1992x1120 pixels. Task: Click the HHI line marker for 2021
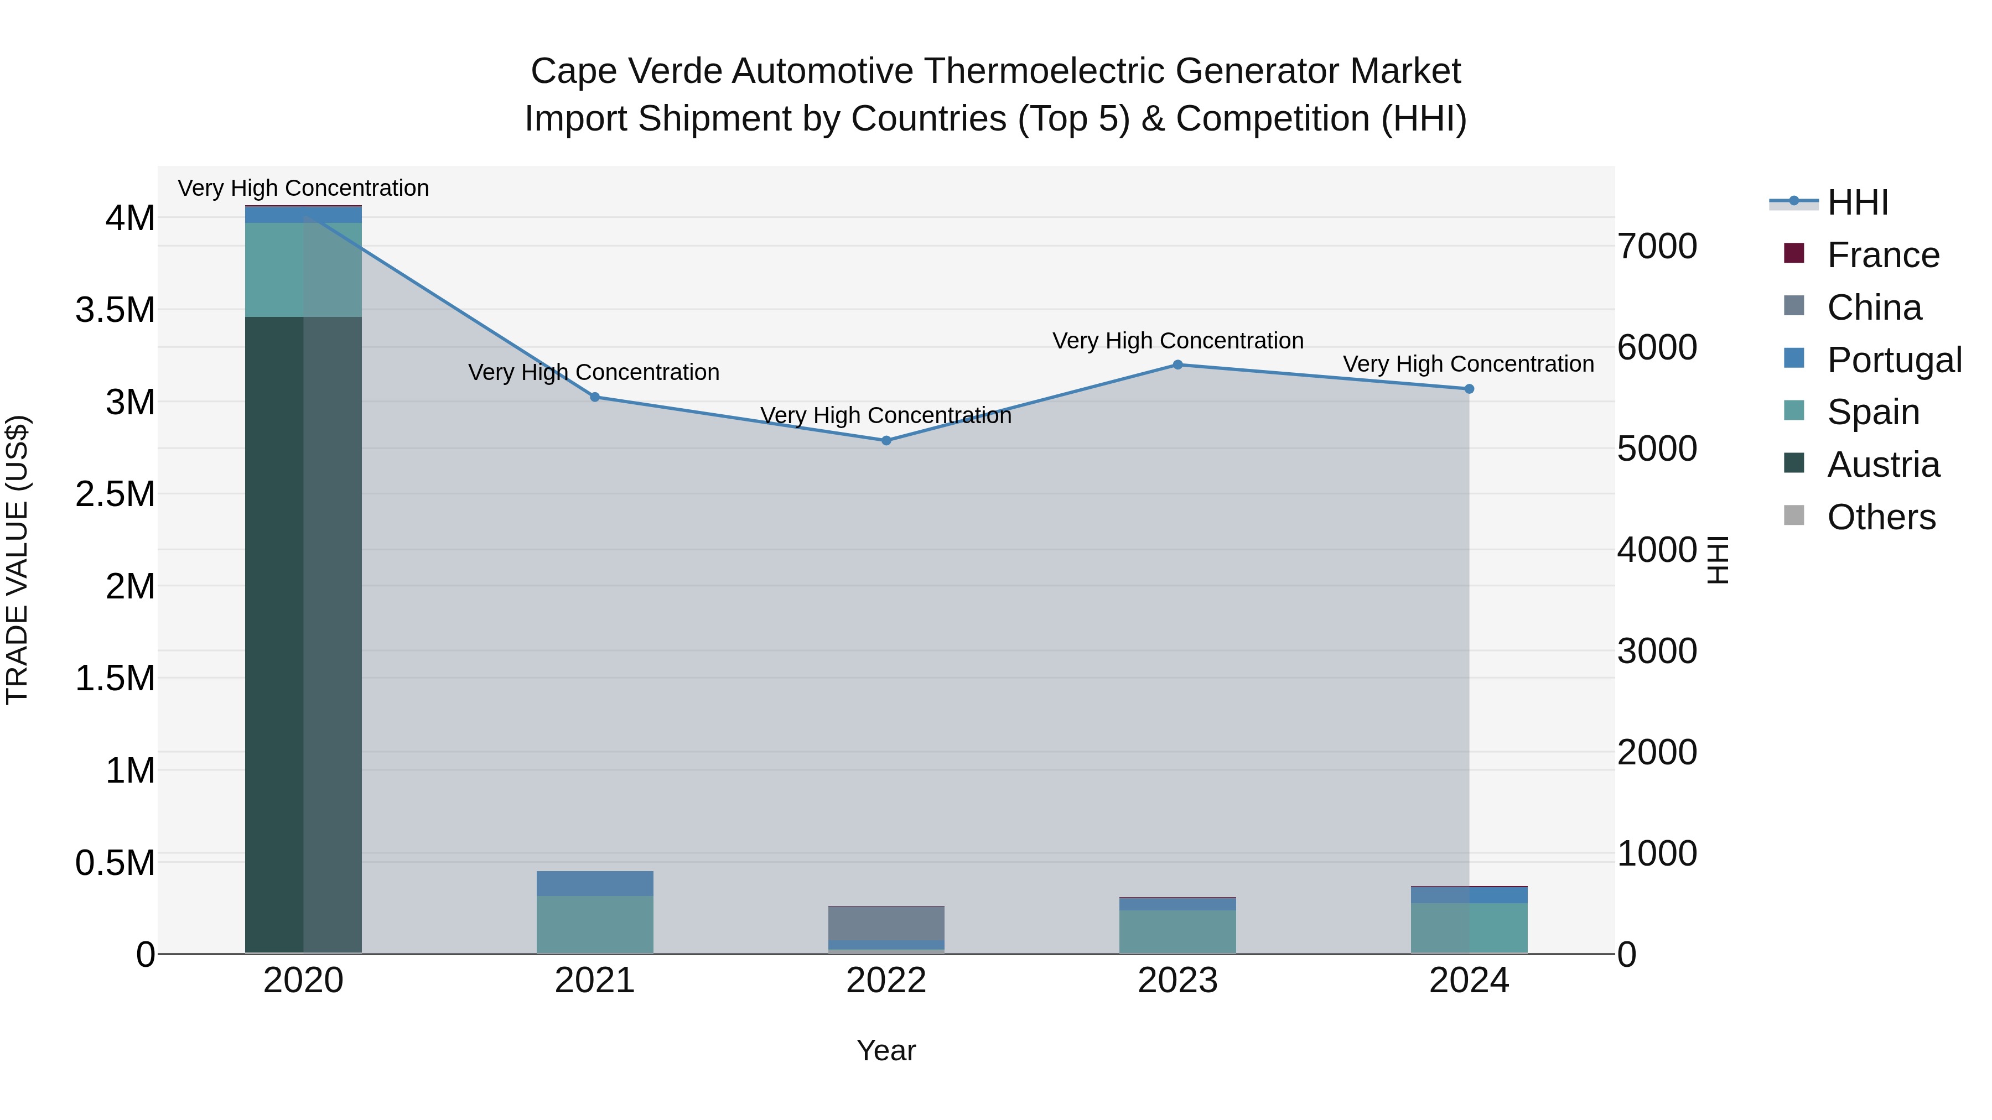pyautogui.click(x=595, y=397)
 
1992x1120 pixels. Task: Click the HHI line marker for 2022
pyautogui.click(x=886, y=441)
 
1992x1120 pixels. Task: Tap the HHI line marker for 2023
pyautogui.click(x=1177, y=365)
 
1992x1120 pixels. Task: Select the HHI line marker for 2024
pyautogui.click(x=1469, y=389)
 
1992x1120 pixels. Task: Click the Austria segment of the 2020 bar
pyautogui.click(x=303, y=634)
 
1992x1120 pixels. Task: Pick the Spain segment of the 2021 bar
pyautogui.click(x=595, y=924)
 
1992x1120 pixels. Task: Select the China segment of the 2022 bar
pyautogui.click(x=886, y=923)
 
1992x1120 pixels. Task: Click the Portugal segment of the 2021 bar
pyautogui.click(x=595, y=883)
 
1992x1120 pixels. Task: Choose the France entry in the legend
pyautogui.click(x=1883, y=255)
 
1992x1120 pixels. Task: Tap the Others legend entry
pyautogui.click(x=1881, y=517)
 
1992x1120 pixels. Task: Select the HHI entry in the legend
pyautogui.click(x=1858, y=202)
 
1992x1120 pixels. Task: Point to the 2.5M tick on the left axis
pyautogui.click(x=115, y=494)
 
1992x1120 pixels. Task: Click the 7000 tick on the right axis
pyautogui.click(x=1657, y=247)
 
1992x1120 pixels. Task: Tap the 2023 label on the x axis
pyautogui.click(x=1177, y=981)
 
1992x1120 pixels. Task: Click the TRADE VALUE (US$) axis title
pyautogui.click(x=18, y=560)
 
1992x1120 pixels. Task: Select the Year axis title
pyautogui.click(x=886, y=1050)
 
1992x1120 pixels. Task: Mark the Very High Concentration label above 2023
pyautogui.click(x=1177, y=341)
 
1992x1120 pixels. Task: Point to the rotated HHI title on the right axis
pyautogui.click(x=1718, y=560)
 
